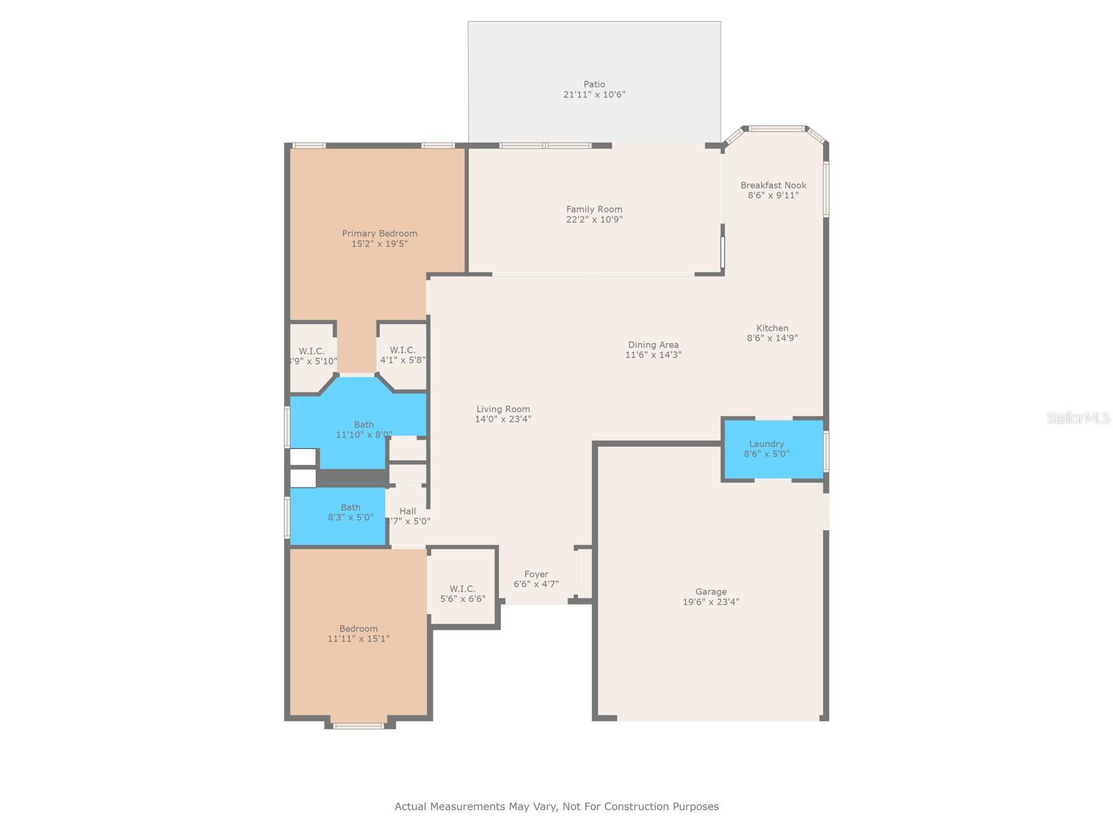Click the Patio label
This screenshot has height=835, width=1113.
point(594,84)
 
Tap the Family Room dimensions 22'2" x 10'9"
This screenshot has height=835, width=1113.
point(594,219)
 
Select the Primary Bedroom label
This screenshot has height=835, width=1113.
point(379,233)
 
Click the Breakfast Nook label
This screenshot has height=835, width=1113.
point(773,185)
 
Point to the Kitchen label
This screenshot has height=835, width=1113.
point(772,328)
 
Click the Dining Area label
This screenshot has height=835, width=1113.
point(652,344)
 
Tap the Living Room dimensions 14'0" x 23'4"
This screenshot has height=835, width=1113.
point(503,419)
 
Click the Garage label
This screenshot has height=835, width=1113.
point(710,591)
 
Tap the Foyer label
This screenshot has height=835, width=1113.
point(536,574)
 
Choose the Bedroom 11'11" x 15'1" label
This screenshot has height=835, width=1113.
point(358,628)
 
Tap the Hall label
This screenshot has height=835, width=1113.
point(408,511)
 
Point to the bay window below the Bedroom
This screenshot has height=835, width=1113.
point(358,726)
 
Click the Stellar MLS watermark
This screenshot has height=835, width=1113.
point(1078,417)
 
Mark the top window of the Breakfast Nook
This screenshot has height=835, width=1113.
point(776,128)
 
